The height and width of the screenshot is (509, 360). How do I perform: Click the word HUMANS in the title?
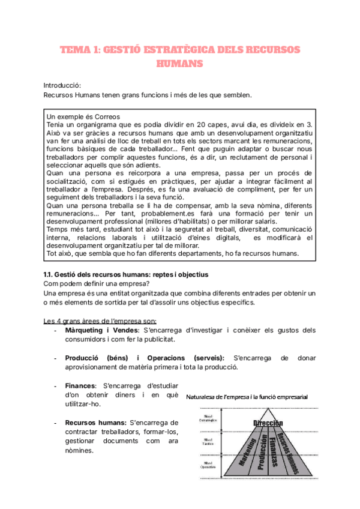tap(179, 62)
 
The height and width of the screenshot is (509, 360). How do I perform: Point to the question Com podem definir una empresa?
tap(91, 283)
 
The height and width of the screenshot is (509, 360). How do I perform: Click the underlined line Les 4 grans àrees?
tap(100, 319)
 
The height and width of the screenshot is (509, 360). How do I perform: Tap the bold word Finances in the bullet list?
tap(80, 385)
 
